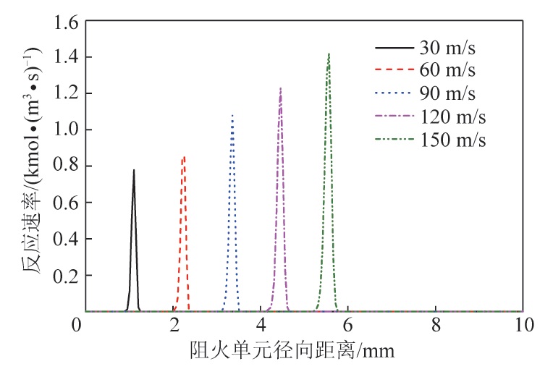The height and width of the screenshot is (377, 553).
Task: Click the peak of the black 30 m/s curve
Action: point(134,171)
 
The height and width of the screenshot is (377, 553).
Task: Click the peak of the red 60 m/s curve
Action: point(185,156)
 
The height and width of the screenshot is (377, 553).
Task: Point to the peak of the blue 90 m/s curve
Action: point(232,115)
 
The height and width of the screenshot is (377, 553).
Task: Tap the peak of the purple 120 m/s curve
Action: point(280,88)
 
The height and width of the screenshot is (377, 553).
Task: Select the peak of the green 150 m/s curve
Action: point(329,54)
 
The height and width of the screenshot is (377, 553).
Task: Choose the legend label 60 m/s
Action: point(447,71)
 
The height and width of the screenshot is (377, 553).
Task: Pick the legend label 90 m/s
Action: point(447,93)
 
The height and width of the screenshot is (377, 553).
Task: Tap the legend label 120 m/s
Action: point(452,116)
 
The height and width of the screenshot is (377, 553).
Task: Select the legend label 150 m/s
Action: point(452,139)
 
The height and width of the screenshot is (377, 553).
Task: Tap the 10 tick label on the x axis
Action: point(522,326)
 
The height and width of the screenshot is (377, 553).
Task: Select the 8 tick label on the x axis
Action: point(435,326)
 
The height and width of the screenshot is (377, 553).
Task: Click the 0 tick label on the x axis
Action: point(77,326)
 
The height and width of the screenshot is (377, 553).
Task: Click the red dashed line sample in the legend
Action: point(393,71)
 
